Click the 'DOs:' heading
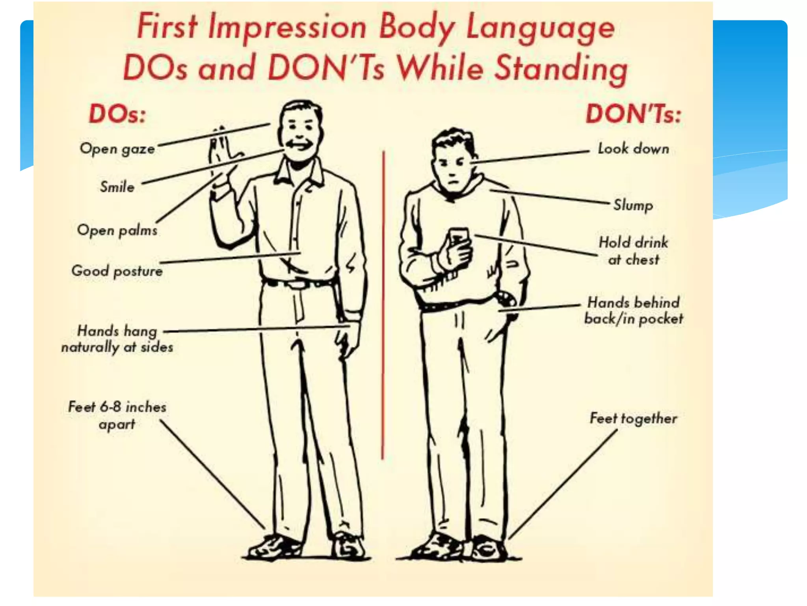pyautogui.click(x=117, y=114)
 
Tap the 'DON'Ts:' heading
pyautogui.click(x=633, y=114)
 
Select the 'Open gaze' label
pyautogui.click(x=117, y=149)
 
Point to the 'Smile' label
pyautogui.click(x=117, y=187)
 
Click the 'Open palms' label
pyautogui.click(x=117, y=230)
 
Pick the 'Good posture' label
pyautogui.click(x=117, y=271)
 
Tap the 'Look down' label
pyautogui.click(x=633, y=149)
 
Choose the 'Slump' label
pyautogui.click(x=633, y=205)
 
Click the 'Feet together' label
pyautogui.click(x=633, y=419)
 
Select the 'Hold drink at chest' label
pyautogui.click(x=633, y=251)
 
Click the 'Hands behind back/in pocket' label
pyautogui.click(x=633, y=310)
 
